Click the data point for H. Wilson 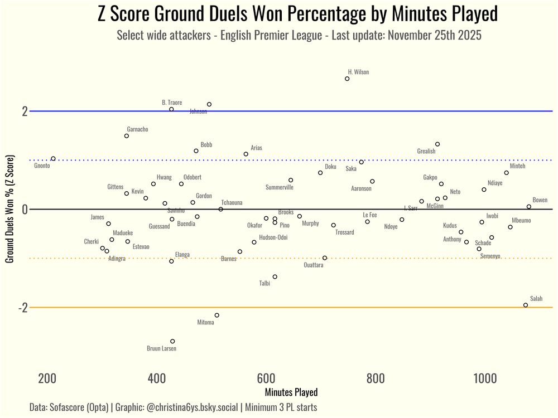tap(347, 79)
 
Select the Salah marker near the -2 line tap(526, 305)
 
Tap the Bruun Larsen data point tap(172, 341)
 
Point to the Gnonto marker tap(53, 159)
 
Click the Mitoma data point tap(217, 315)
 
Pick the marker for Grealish tap(437, 144)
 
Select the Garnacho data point tap(127, 136)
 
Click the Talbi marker tap(275, 277)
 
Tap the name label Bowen tap(540, 200)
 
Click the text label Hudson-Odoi tap(273, 237)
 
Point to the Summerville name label tap(279, 187)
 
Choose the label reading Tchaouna tap(232, 203)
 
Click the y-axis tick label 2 tap(25, 111)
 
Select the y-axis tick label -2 tap(23, 308)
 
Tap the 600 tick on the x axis tap(266, 380)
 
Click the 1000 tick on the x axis tap(484, 380)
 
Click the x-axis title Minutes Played tap(291, 392)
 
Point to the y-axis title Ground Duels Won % tap(9, 209)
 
